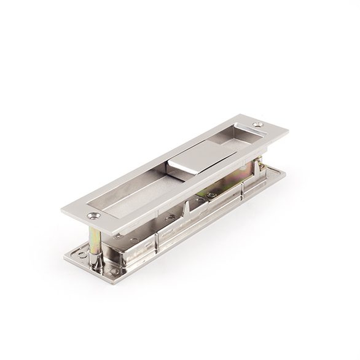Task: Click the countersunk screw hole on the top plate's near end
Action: [x=93, y=216]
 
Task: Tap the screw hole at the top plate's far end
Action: [x=257, y=125]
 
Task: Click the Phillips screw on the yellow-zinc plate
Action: [x=211, y=195]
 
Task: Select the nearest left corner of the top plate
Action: [x=62, y=211]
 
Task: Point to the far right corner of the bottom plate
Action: [x=285, y=173]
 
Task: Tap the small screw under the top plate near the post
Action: [x=118, y=236]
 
